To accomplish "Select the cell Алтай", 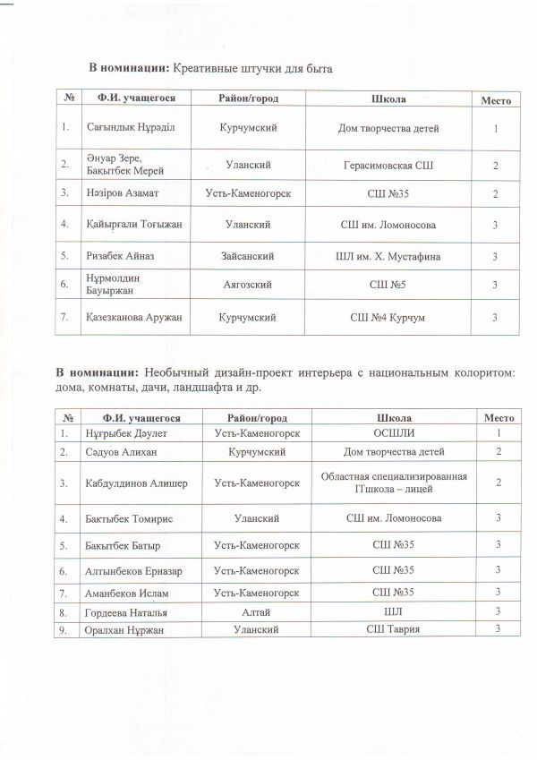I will point(256,612).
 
